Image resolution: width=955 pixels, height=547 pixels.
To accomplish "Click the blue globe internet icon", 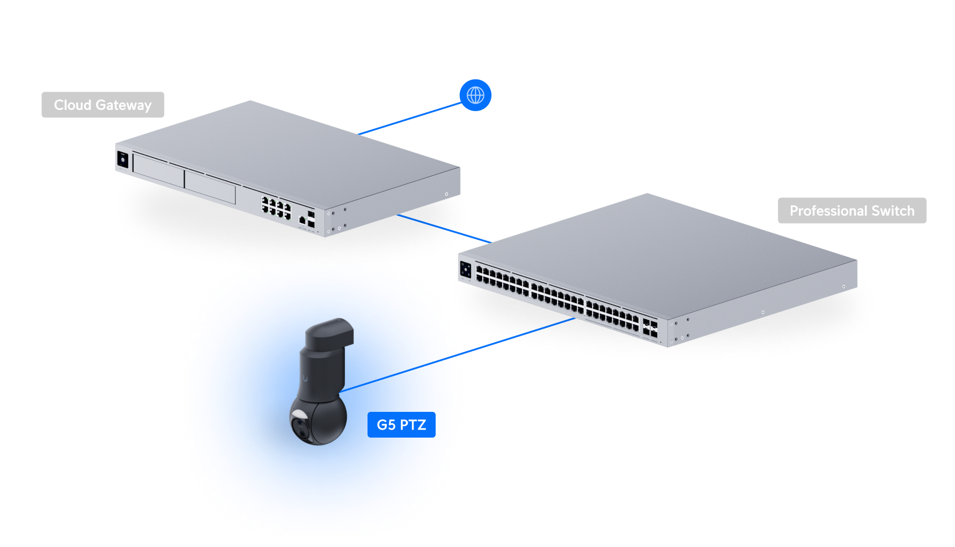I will point(475,95).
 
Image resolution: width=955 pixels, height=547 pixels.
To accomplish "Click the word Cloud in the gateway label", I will point(72,105).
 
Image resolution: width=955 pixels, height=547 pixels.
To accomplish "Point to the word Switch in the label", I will point(893,211).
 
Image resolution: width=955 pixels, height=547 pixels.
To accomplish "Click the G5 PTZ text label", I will point(401,425).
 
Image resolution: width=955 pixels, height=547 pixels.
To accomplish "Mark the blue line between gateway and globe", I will point(410,118).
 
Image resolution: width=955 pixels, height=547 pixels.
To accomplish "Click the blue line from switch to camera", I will point(515,337).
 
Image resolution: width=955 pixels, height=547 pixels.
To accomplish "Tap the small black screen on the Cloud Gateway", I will point(123,160).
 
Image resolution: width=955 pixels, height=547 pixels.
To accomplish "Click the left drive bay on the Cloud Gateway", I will point(158,171).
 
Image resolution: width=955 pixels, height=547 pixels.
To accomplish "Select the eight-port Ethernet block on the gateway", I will point(276,207).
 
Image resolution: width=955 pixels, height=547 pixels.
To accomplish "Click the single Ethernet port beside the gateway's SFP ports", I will point(302,219).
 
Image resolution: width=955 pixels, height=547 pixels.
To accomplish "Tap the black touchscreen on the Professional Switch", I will point(466,269).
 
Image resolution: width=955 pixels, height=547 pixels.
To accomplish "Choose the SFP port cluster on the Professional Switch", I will point(650,328).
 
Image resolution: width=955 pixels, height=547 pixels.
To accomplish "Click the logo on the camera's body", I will point(305,378).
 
